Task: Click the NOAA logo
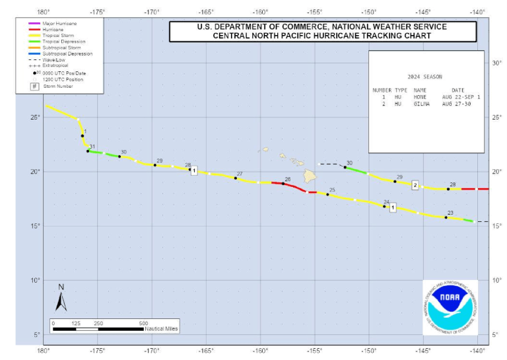point(450,307)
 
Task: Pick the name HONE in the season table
point(420,97)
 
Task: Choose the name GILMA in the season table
point(421,104)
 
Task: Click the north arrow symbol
point(61,299)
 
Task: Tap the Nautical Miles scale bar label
point(161,329)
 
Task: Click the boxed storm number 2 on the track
point(415,184)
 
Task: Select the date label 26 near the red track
point(287,179)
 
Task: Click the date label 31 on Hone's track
point(92,147)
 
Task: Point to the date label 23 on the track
point(450,213)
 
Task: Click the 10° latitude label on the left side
point(36,280)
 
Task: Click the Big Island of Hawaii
point(310,176)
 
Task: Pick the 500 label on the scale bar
point(143,323)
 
